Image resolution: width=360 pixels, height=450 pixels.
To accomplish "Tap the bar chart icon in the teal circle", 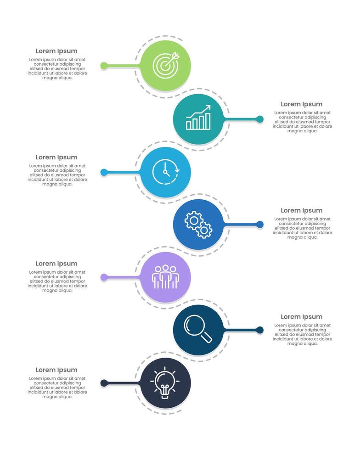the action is [198, 118].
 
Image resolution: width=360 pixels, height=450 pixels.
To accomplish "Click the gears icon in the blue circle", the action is [198, 225].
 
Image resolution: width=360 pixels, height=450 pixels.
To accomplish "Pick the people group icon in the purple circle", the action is [165, 277].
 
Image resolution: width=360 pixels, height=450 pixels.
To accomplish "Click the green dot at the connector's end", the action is [104, 66].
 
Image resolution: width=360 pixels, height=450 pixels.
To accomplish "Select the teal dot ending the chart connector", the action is [260, 119].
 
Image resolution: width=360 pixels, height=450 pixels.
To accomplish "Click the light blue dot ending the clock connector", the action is [104, 172].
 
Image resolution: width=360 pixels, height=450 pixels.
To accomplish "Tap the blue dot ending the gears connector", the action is [260, 225].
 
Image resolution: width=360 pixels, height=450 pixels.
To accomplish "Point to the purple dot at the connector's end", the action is [104, 277].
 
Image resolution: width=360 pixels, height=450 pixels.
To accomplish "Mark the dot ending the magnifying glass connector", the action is [260, 330].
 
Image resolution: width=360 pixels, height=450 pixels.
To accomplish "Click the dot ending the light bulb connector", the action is [104, 383].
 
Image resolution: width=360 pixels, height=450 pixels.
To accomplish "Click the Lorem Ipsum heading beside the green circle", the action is [56, 51].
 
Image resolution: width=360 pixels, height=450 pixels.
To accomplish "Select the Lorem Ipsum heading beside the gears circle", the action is [302, 210].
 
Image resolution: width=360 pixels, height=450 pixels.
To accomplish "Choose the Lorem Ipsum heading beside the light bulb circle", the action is [56, 370].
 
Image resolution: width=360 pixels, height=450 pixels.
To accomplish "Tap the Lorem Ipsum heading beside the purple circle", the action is [56, 264].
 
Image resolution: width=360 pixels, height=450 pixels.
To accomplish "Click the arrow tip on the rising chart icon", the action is [209, 107].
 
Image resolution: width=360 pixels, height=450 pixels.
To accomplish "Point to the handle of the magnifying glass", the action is [207, 338].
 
